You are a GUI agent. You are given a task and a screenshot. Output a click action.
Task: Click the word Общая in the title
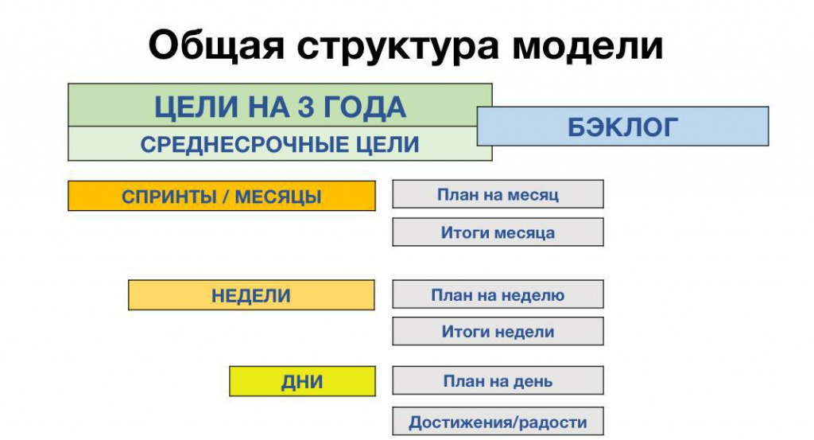[216, 45]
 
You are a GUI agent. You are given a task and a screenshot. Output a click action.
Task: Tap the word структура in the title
[398, 47]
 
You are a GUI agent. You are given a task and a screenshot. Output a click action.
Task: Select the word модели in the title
[587, 45]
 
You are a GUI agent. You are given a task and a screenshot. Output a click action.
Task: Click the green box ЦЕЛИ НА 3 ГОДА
[280, 105]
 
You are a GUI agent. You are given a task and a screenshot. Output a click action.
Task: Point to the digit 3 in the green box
[306, 107]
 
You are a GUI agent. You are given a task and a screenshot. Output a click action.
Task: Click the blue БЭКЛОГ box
[622, 127]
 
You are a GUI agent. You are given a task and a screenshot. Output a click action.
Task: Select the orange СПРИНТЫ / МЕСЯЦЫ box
[222, 196]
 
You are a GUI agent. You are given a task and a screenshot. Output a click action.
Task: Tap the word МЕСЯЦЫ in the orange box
[278, 197]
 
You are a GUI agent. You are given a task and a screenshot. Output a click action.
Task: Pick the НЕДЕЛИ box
[251, 295]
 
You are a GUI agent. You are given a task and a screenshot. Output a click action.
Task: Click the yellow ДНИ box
[302, 381]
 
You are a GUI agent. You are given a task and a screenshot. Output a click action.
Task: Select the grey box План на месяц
[498, 194]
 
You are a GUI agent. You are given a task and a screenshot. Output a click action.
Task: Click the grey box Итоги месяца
[498, 232]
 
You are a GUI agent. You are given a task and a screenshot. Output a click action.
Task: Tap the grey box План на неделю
[498, 294]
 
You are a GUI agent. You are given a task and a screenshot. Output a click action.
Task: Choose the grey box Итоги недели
[498, 331]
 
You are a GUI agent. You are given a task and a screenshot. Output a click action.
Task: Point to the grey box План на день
[498, 380]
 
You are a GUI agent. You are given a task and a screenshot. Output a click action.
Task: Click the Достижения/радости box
[498, 421]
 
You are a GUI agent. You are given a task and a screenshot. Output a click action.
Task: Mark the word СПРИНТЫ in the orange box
[169, 197]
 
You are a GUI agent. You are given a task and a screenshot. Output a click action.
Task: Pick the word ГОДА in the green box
[365, 107]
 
